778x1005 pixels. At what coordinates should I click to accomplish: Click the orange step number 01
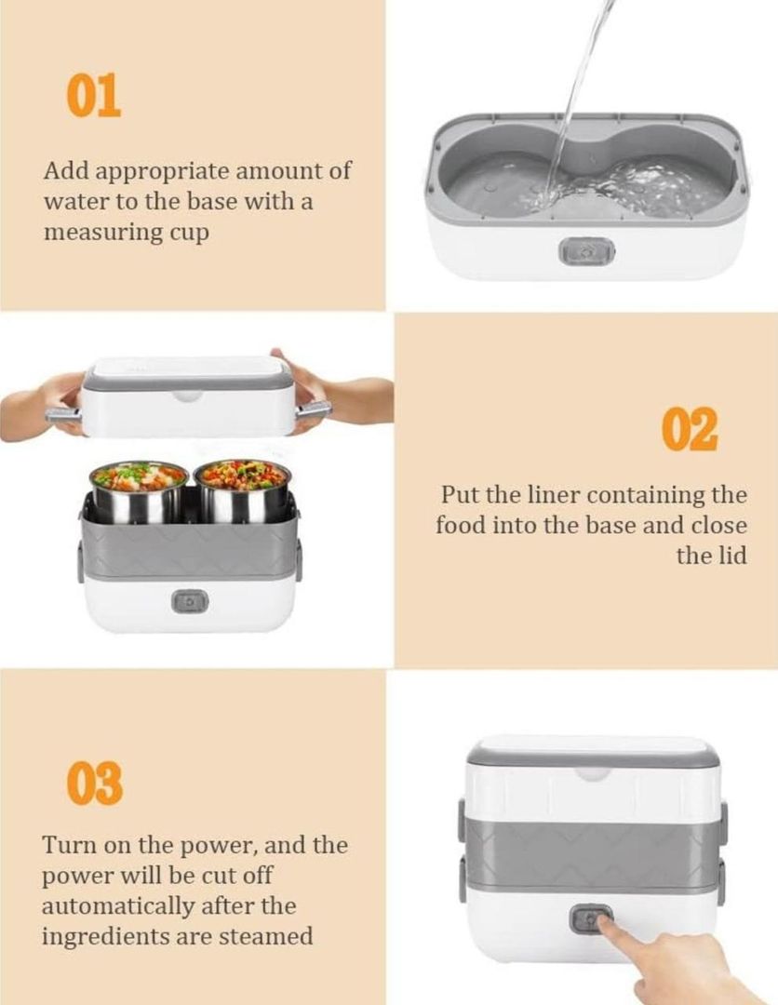tap(94, 95)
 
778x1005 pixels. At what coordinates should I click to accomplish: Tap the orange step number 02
tap(690, 429)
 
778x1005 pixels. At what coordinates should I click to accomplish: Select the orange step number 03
tap(94, 784)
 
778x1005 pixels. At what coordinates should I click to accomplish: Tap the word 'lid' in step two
tap(731, 555)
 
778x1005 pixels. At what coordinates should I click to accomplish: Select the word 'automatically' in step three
tap(118, 906)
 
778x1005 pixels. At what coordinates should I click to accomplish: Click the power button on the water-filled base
tap(586, 252)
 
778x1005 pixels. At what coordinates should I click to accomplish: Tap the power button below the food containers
tap(190, 602)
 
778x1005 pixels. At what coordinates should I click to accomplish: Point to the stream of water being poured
tap(580, 96)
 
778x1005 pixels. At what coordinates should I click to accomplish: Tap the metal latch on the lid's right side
tap(314, 409)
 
